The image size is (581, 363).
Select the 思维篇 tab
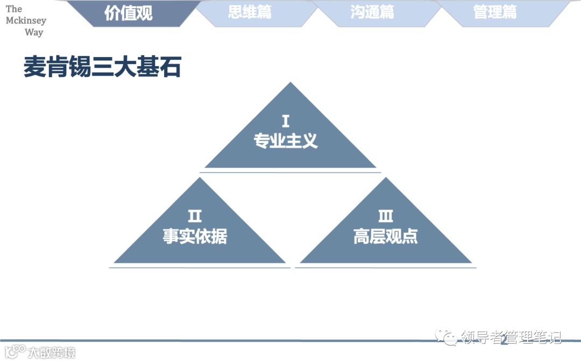click(x=250, y=12)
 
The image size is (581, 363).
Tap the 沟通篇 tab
click(x=372, y=12)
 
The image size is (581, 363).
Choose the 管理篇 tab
click(x=495, y=12)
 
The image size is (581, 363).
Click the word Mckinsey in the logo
click(x=26, y=21)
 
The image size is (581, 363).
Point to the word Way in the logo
click(x=33, y=32)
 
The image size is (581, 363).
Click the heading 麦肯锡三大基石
click(x=102, y=68)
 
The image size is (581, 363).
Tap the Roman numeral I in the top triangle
click(x=286, y=120)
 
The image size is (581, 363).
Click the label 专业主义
click(x=286, y=141)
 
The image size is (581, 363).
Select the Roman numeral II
click(x=195, y=216)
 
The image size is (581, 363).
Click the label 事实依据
click(x=195, y=236)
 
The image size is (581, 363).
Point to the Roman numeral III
click(x=385, y=216)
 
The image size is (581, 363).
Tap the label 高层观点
click(x=385, y=236)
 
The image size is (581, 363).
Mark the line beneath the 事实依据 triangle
click(x=200, y=267)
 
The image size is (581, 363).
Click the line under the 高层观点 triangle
click(x=385, y=267)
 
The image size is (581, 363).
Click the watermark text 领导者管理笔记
click(x=511, y=337)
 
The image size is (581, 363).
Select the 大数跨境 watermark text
click(x=52, y=353)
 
